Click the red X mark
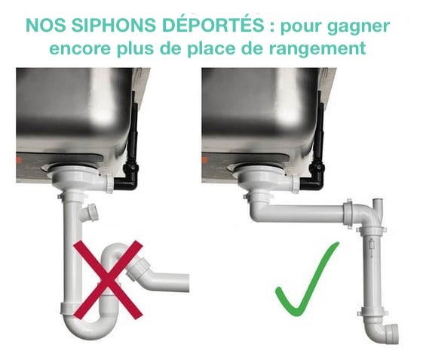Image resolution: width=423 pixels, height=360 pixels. click(108, 281)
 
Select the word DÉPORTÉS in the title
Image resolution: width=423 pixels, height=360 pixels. click(213, 24)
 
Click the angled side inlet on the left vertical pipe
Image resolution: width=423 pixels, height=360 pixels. click(90, 212)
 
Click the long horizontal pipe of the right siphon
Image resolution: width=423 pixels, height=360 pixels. click(305, 213)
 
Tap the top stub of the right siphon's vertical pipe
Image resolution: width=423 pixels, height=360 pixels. click(379, 205)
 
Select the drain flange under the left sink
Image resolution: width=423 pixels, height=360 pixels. click(75, 174)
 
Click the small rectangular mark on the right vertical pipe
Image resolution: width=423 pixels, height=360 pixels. click(372, 245)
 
